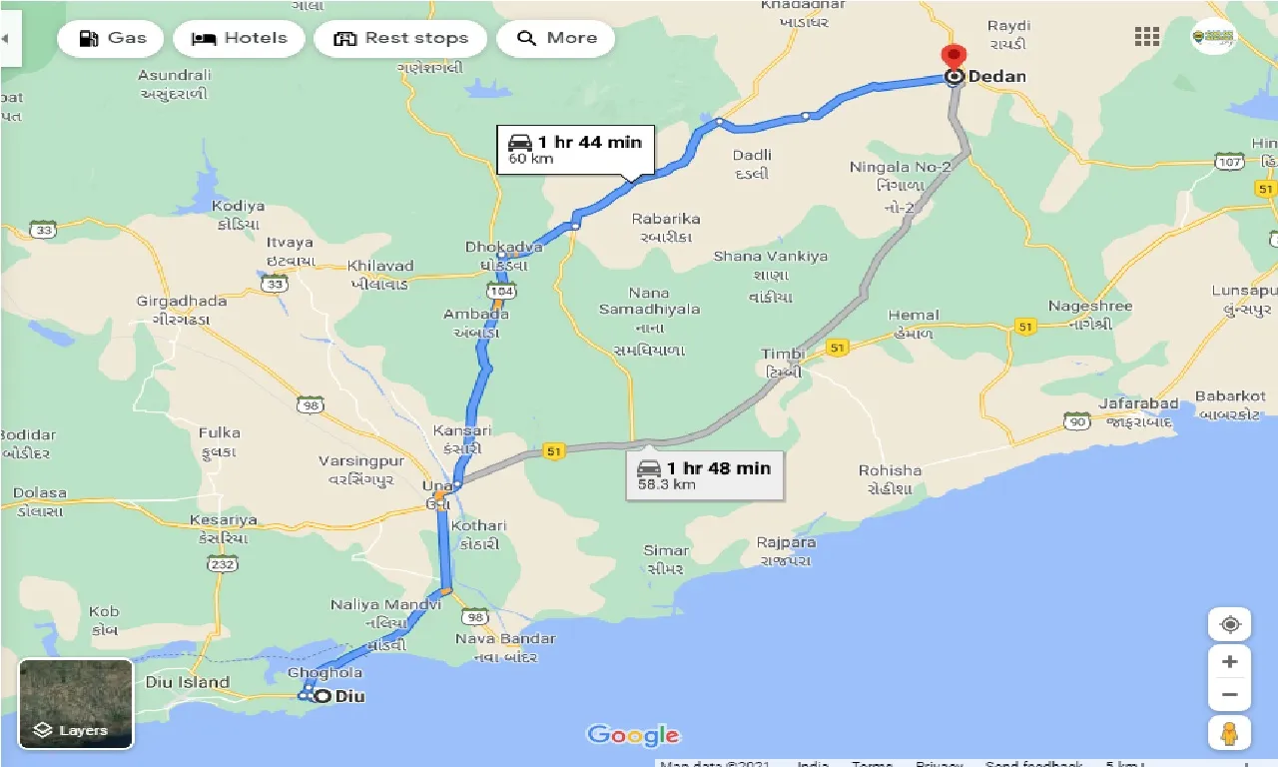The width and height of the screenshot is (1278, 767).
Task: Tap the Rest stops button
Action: coord(399,39)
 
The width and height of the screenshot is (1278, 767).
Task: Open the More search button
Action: coord(555,39)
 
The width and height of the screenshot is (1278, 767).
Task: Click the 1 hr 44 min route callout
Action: coord(575,150)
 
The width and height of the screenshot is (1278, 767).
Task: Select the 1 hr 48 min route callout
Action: coord(704,475)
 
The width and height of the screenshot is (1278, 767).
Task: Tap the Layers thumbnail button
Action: coord(76,704)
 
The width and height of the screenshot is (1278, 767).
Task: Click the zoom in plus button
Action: coord(1229,661)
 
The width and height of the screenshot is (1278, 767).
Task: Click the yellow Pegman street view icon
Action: coord(1229,733)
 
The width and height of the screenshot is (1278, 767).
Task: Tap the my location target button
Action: coord(1229,624)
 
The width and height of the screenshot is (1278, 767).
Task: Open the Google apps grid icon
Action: coord(1147,38)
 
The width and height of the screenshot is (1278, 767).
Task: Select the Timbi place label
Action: coord(782,355)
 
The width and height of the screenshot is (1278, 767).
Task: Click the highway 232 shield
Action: coord(222,564)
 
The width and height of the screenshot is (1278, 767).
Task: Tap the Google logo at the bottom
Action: coord(633,735)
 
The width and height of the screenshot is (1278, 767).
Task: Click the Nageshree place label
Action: coord(1089,306)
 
